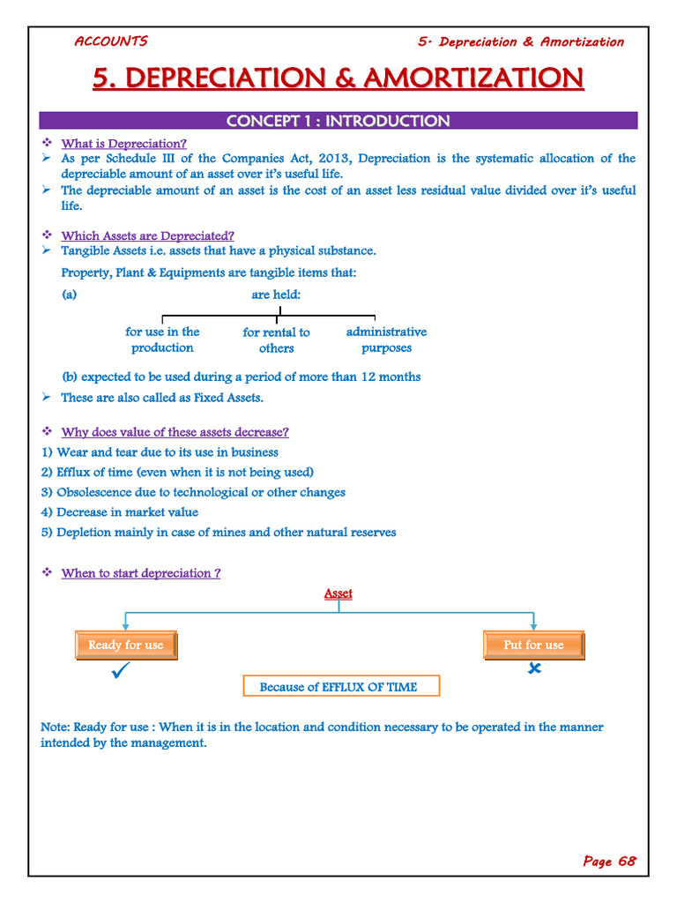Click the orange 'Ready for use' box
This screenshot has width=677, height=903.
126,646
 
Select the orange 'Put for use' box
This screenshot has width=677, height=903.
533,646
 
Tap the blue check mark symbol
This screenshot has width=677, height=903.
122,674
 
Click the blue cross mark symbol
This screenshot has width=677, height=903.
534,669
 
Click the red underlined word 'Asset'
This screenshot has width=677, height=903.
338,593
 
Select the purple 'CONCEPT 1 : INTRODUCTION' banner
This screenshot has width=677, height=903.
338,121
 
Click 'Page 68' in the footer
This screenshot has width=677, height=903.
609,862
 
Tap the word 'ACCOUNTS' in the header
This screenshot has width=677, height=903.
110,41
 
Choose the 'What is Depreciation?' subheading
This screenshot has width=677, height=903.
123,143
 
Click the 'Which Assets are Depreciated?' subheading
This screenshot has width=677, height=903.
147,235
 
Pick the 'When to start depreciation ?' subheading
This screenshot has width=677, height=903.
140,573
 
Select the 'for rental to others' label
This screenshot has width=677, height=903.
276,340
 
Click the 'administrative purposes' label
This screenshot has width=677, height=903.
386,340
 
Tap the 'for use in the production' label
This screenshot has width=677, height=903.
162,340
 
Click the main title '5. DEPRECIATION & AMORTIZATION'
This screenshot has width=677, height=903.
338,78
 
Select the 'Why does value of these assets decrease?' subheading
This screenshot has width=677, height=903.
175,432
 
